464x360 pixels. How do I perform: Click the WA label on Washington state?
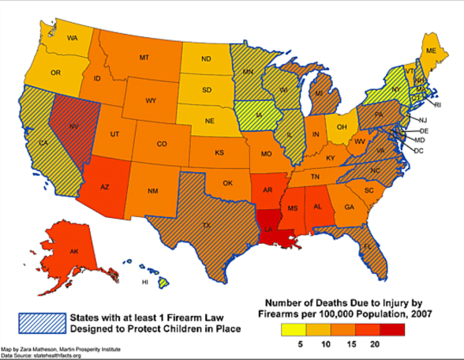coord(72,38)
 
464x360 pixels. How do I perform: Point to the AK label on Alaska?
coord(73,252)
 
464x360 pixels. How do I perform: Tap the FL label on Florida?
coord(366,246)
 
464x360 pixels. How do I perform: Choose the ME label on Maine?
coord(431,51)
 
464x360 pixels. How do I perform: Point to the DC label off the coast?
coord(419,150)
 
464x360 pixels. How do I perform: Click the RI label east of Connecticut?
coord(438,104)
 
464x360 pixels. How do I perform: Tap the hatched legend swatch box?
coord(41,322)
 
